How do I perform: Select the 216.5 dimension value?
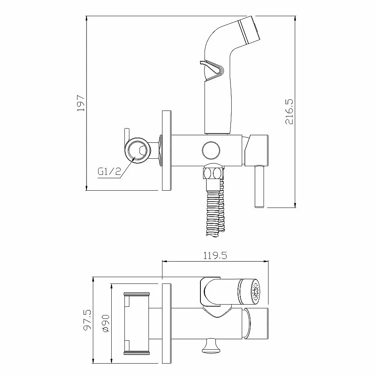click(289, 112)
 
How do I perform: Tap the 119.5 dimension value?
click(215, 256)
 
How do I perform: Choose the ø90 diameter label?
click(106, 323)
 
